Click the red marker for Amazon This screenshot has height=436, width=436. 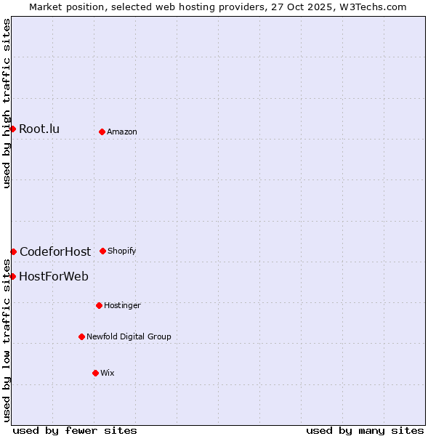(x=102, y=132)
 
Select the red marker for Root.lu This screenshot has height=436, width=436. (x=12, y=129)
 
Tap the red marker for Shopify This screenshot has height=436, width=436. (x=102, y=251)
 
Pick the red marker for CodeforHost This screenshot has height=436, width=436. (x=13, y=251)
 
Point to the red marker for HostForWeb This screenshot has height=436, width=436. (x=12, y=276)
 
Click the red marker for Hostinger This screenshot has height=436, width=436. (x=99, y=305)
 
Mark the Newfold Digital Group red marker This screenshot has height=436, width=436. (x=81, y=336)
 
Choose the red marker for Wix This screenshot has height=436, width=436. (x=95, y=373)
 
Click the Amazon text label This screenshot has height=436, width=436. (x=122, y=132)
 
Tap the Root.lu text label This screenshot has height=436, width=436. (x=39, y=129)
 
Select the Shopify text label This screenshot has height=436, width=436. (x=122, y=251)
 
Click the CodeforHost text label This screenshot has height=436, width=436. (x=55, y=252)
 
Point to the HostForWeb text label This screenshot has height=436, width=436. (x=54, y=277)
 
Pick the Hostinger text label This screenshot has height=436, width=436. (x=122, y=305)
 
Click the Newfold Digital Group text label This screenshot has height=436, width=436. (x=129, y=336)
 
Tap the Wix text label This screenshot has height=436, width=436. (x=108, y=373)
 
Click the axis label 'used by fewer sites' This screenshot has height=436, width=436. (x=75, y=430)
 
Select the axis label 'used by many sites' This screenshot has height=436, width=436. (x=365, y=430)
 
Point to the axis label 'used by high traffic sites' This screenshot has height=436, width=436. (x=7, y=103)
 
